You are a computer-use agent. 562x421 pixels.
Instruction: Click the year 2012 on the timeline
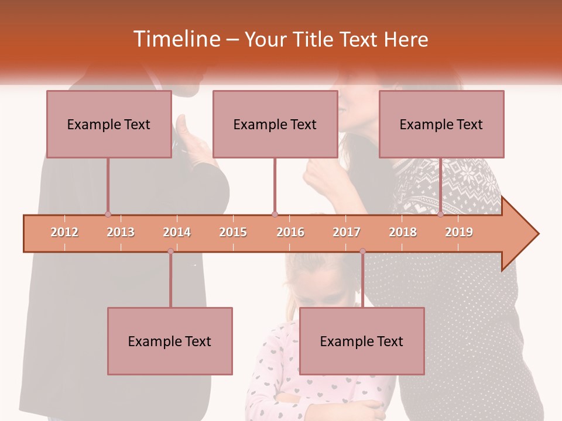64,233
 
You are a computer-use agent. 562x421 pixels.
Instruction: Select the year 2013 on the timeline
121,233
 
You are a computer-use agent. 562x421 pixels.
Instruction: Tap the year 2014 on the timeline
177,233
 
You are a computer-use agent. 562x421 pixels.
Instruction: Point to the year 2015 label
233,233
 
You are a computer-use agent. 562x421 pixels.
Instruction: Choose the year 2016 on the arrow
290,233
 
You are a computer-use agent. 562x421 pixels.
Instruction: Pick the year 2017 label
347,233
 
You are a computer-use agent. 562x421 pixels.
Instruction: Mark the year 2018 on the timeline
403,233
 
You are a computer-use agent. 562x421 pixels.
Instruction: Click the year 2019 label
459,233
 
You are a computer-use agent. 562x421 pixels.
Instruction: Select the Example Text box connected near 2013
109,124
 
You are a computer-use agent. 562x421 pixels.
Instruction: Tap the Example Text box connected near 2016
275,124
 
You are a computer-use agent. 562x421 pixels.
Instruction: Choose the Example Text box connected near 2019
441,124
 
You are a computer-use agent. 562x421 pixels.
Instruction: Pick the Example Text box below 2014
170,341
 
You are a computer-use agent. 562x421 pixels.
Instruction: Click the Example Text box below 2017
362,341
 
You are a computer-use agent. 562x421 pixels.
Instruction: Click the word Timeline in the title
176,39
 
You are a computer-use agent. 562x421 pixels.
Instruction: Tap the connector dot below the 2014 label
170,251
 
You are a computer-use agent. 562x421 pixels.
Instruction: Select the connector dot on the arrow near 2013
108,215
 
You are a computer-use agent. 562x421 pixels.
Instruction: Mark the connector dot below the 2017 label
362,251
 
